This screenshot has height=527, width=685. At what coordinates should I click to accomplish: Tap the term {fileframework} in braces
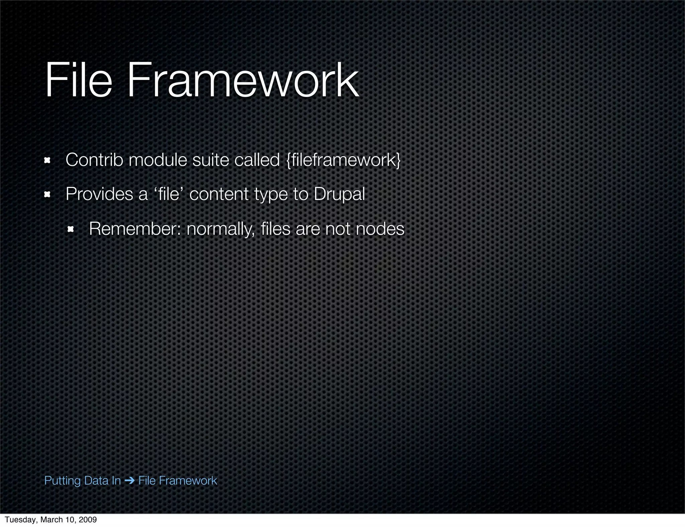pos(344,160)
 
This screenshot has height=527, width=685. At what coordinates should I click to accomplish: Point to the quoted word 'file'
pos(168,194)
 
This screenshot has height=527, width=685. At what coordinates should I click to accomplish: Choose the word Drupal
pos(339,194)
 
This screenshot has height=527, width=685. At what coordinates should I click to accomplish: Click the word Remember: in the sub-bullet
pos(134,229)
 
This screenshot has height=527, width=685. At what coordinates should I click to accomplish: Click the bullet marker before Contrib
pos(47,161)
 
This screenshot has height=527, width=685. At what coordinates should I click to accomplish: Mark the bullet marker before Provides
pos(47,195)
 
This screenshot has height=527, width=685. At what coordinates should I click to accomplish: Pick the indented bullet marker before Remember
pos(70,229)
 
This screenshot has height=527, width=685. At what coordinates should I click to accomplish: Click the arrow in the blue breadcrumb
pos(129,481)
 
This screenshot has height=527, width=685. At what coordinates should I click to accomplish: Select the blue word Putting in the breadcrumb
pos(63,481)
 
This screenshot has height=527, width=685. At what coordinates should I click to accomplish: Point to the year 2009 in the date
pos(88,520)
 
